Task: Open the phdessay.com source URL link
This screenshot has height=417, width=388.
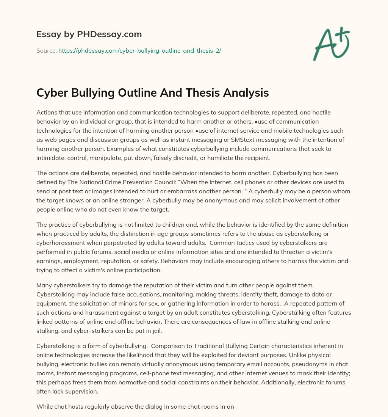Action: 139,50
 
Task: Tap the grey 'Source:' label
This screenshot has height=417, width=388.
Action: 46,50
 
